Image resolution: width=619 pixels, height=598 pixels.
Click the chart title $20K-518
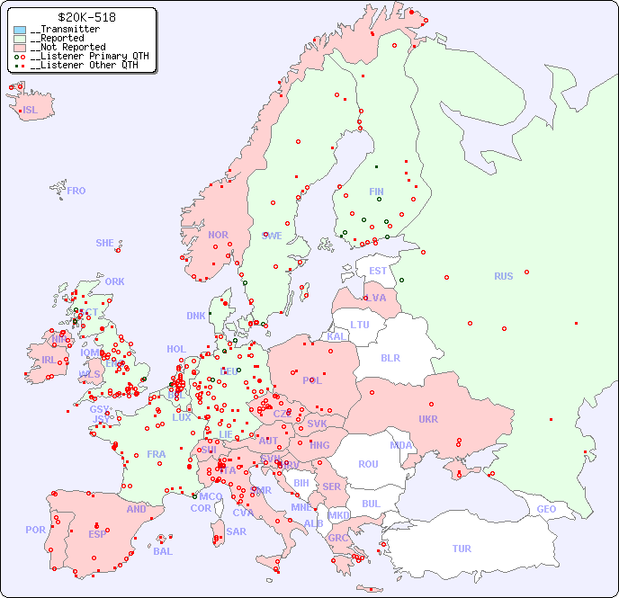pyautogui.click(x=85, y=17)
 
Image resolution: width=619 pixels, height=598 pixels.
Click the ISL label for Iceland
pyautogui.click(x=31, y=111)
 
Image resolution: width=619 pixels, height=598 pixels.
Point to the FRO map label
pyautogui.click(x=76, y=191)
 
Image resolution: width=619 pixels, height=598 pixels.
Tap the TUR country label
pyautogui.click(x=462, y=549)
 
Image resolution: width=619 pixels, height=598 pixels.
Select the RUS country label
pyautogui.click(x=503, y=276)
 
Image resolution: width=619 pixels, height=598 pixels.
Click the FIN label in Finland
pyautogui.click(x=376, y=192)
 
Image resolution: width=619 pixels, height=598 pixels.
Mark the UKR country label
pyautogui.click(x=428, y=419)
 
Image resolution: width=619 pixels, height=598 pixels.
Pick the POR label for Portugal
pyautogui.click(x=35, y=530)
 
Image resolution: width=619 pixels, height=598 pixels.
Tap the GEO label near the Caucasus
pyautogui.click(x=546, y=509)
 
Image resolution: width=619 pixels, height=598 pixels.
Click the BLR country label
pyautogui.click(x=390, y=357)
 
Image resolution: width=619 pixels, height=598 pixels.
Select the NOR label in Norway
pyautogui.click(x=218, y=235)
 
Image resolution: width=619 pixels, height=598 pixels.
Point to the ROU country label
pyautogui.click(x=368, y=464)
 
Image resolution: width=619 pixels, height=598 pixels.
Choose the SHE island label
pyautogui.click(x=105, y=243)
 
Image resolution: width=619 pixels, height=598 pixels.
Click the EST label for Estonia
pyautogui.click(x=378, y=271)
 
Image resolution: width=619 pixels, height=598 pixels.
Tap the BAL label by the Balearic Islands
pyautogui.click(x=163, y=551)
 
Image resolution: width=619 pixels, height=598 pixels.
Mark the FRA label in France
pyautogui.click(x=157, y=454)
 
